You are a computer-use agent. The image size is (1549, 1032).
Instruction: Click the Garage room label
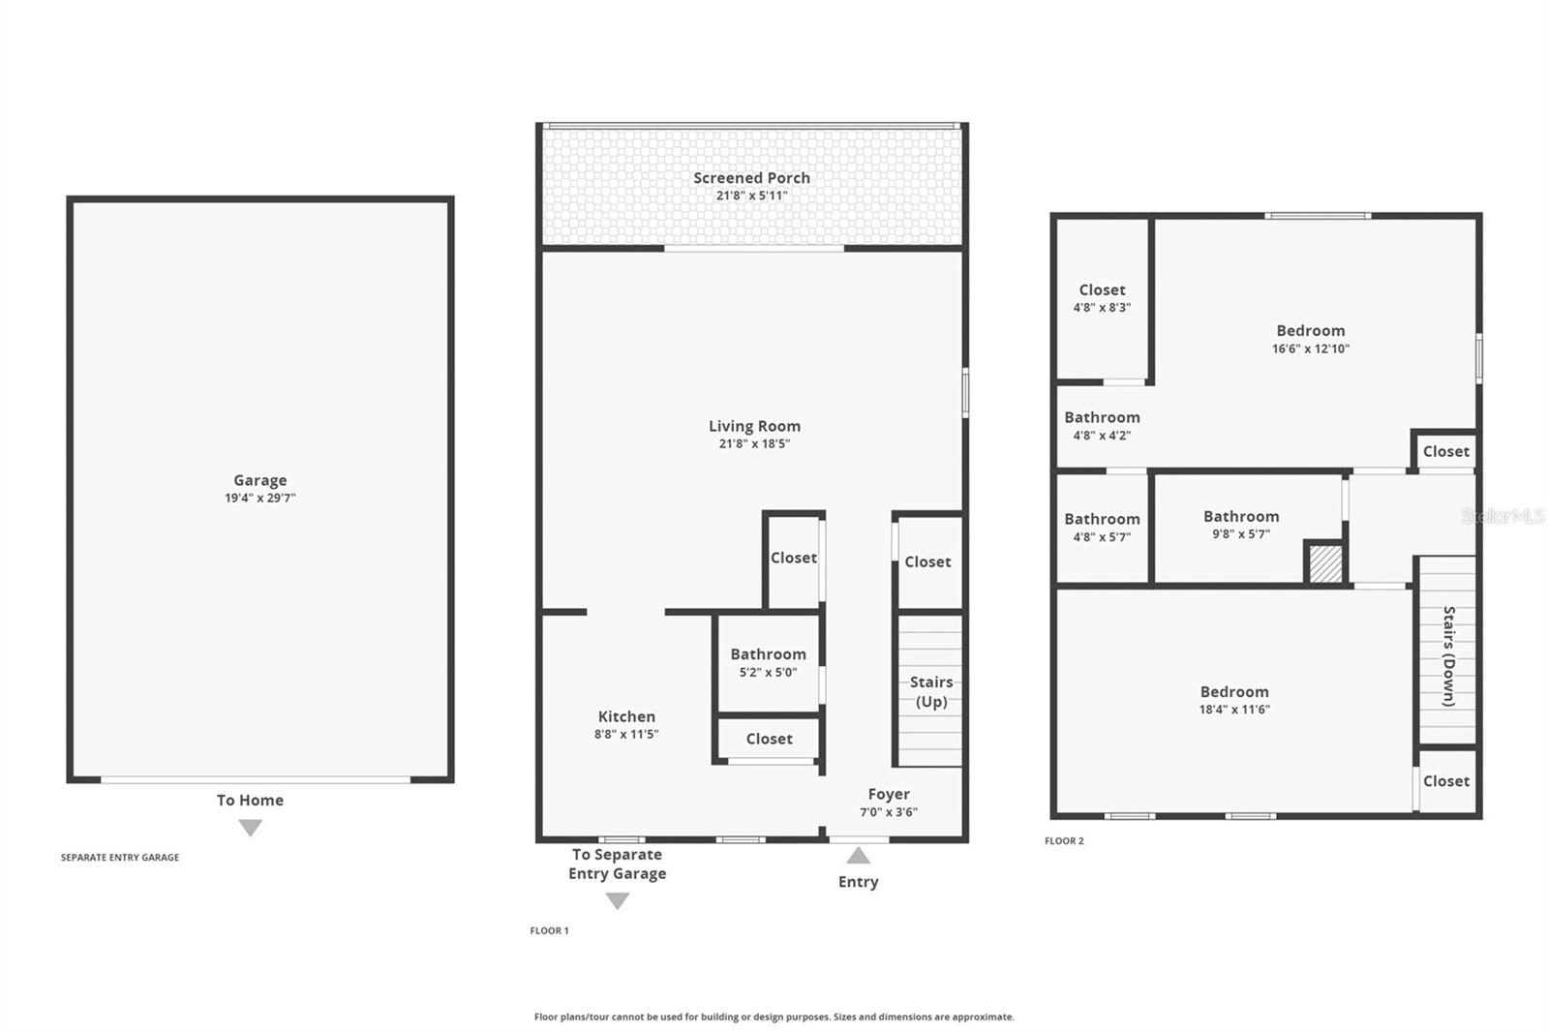click(259, 480)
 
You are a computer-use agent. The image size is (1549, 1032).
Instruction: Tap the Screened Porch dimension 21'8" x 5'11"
click(751, 196)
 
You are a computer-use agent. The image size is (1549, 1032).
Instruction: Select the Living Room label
click(754, 426)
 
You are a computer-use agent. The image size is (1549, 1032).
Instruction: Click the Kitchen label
click(626, 716)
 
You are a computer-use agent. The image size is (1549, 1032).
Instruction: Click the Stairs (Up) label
click(931, 691)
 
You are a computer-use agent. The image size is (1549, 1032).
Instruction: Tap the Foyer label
click(888, 794)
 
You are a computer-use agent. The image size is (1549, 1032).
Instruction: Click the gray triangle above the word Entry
click(858, 856)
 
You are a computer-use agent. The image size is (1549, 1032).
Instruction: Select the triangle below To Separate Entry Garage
click(617, 901)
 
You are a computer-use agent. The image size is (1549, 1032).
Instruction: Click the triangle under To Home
click(251, 828)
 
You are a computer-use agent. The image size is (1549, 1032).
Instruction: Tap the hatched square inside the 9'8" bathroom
click(1325, 563)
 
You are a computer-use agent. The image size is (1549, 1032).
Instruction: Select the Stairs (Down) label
click(1448, 655)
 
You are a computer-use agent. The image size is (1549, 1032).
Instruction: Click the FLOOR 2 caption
click(1064, 840)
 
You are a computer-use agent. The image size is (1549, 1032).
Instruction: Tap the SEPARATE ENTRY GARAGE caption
click(120, 857)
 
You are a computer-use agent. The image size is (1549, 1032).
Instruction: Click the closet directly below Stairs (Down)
click(1445, 781)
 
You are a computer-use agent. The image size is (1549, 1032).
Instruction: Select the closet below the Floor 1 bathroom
click(769, 739)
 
